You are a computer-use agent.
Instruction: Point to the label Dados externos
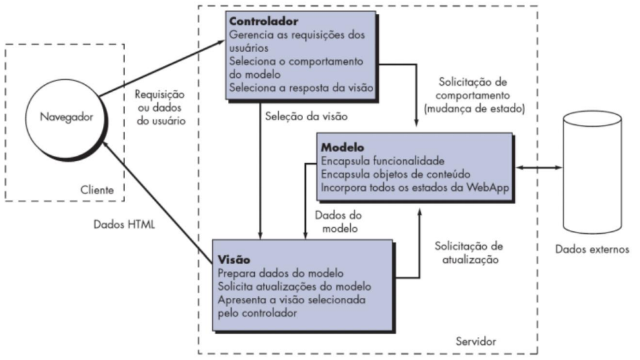pyautogui.click(x=592, y=250)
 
